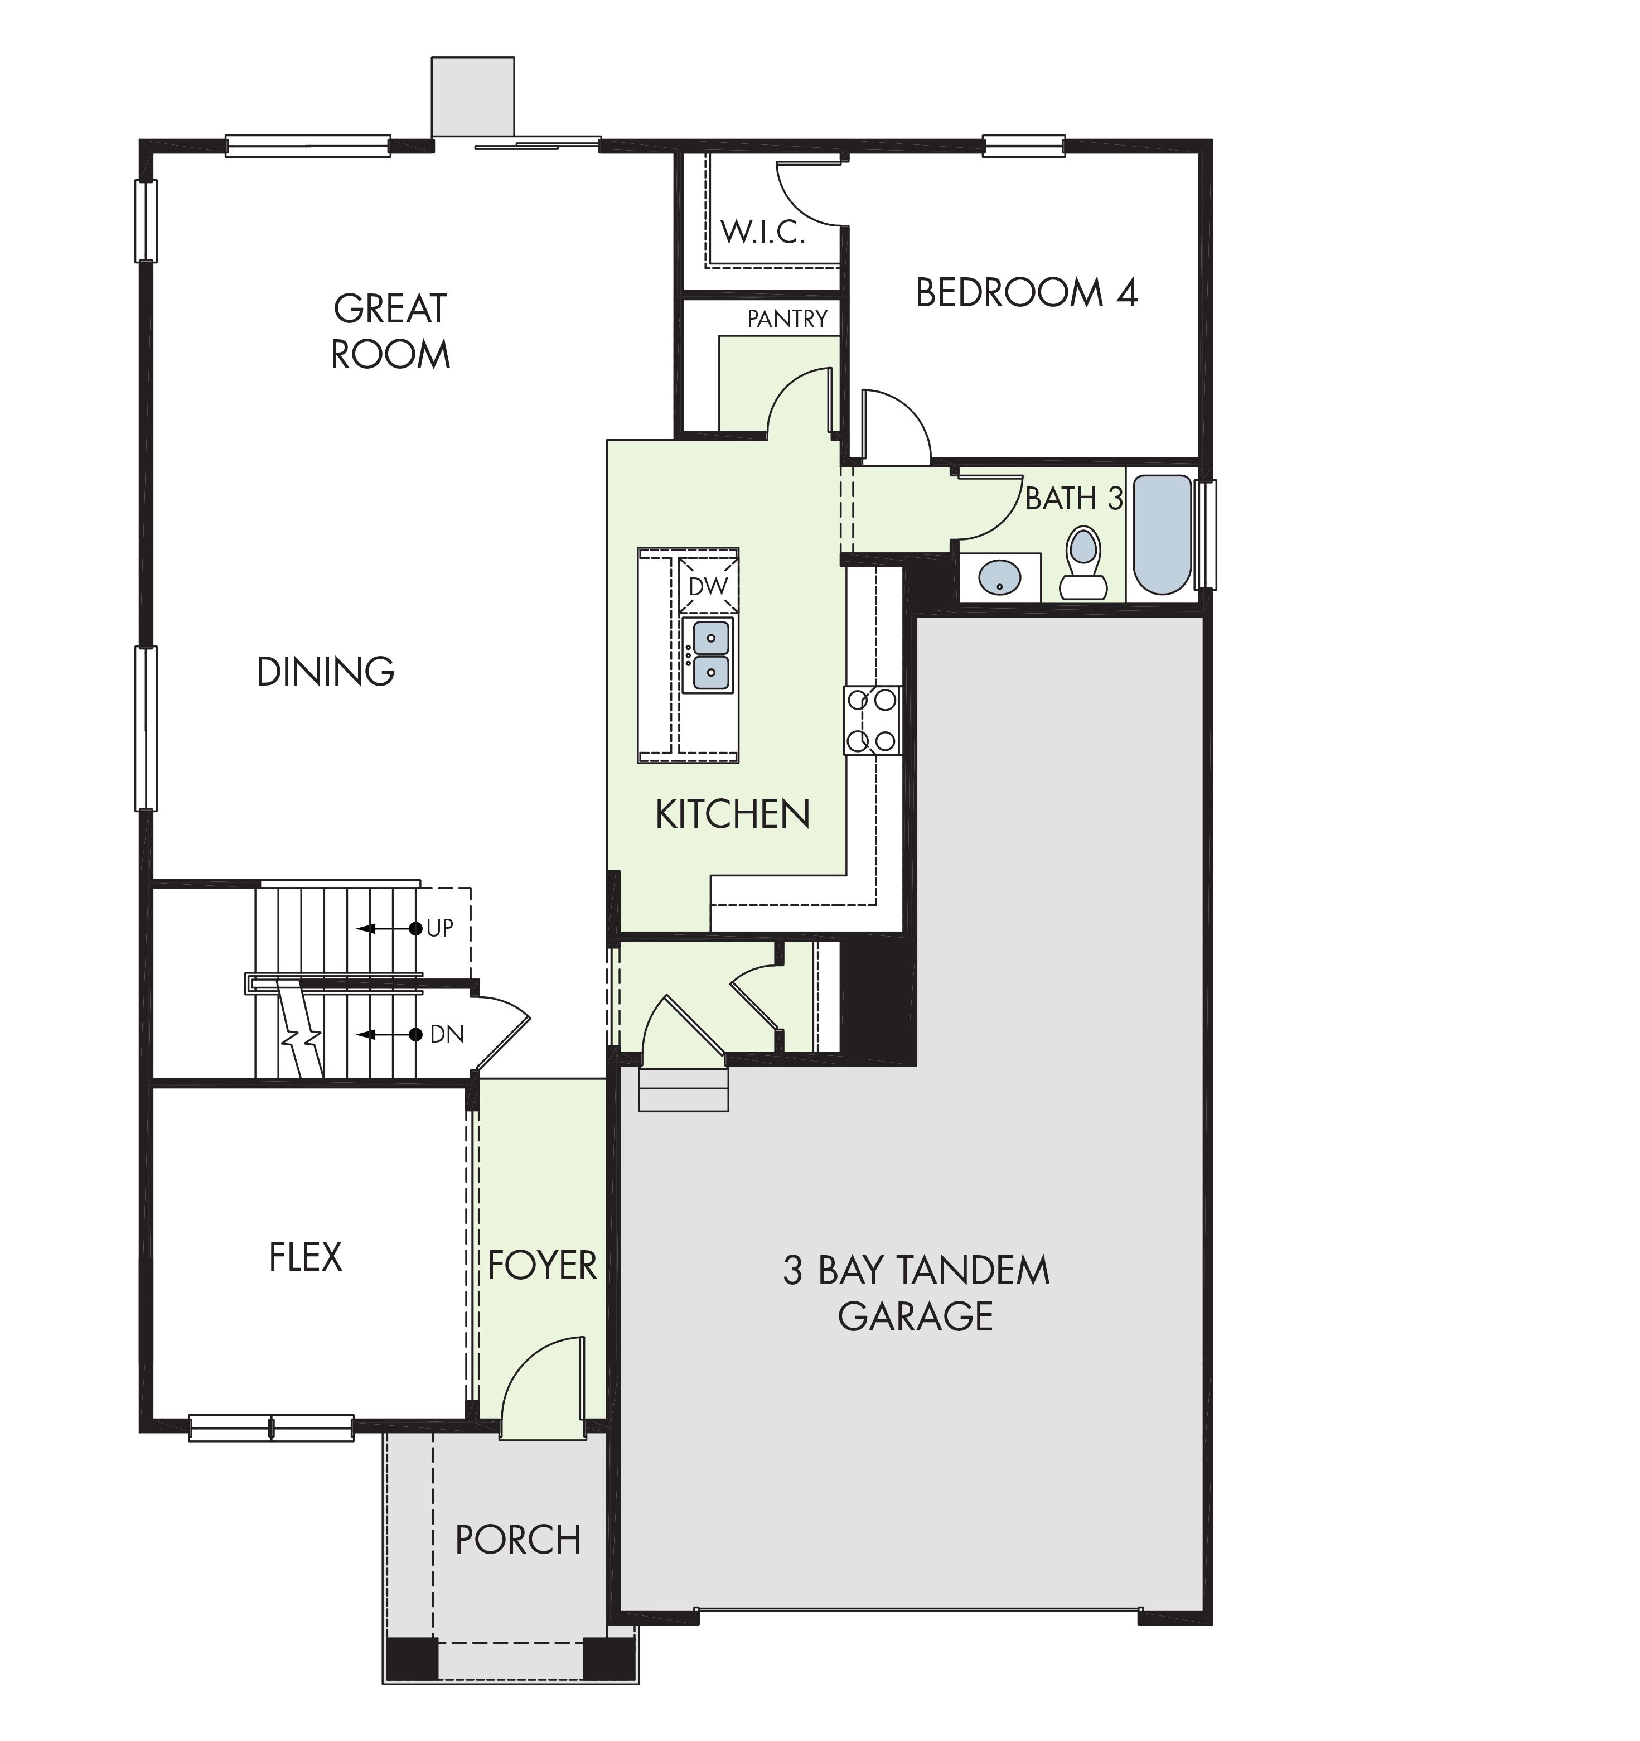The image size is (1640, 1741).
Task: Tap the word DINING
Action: click(326, 672)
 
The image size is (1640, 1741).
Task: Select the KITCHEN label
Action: click(732, 814)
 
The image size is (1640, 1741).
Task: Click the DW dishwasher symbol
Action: click(708, 586)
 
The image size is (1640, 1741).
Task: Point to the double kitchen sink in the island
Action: click(708, 655)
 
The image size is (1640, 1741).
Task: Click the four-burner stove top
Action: click(872, 720)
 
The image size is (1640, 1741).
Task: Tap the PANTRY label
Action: click(787, 319)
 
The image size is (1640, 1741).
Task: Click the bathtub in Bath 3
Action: click(1163, 534)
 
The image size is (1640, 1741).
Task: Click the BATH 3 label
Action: click(1075, 498)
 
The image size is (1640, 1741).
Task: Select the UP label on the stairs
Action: click(439, 928)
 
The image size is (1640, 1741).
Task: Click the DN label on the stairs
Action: click(447, 1034)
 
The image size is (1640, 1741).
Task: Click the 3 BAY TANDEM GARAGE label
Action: click(916, 1293)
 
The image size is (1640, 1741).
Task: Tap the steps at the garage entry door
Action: click(684, 1089)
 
